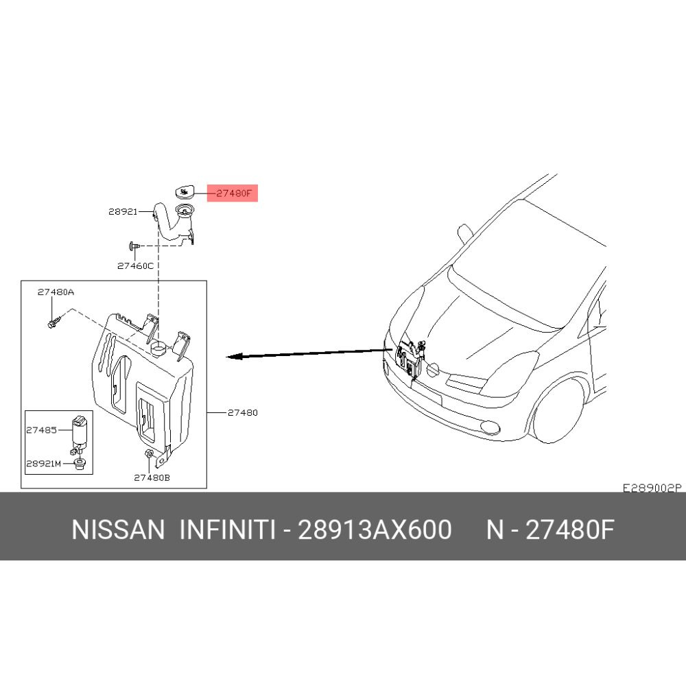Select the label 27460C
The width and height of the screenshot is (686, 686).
point(135,265)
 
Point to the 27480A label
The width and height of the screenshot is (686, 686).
point(56,292)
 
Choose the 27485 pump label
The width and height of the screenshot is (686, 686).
point(42,430)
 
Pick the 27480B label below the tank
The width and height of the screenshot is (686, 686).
point(152,477)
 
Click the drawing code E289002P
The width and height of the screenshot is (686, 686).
point(651,488)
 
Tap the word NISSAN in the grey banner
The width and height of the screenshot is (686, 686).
point(118,530)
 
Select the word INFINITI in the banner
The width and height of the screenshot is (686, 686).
point(227,530)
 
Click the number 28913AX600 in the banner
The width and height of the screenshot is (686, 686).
point(374,530)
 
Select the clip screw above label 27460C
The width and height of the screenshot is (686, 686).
point(134,245)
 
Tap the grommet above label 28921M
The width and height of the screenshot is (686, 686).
point(79,466)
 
